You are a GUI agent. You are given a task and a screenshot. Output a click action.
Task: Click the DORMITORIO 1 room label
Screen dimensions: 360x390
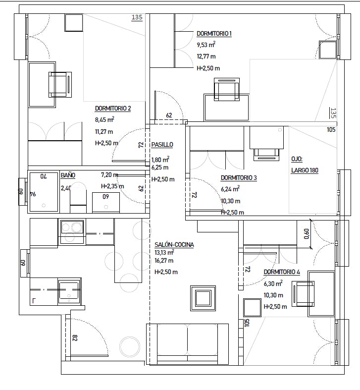(214, 34)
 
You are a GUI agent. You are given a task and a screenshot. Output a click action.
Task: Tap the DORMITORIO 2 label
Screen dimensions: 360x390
(113, 109)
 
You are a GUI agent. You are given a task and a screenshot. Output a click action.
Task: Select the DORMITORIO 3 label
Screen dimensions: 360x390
(239, 178)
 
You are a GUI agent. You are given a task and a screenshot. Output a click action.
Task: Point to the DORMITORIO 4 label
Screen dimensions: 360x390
(282, 272)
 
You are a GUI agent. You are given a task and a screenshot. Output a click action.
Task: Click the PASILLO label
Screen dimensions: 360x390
(162, 145)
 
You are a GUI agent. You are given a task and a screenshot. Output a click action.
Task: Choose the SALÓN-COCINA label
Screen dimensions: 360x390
(174, 245)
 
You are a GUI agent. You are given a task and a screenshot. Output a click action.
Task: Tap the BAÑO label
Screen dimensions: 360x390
(68, 175)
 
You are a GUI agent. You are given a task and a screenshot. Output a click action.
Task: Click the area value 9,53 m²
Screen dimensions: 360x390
(206, 45)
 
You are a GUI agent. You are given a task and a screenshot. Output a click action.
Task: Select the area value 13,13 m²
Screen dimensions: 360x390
(164, 253)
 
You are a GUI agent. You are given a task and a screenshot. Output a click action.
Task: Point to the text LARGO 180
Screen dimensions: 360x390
(305, 170)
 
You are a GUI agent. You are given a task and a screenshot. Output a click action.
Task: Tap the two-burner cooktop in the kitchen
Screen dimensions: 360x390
(72, 231)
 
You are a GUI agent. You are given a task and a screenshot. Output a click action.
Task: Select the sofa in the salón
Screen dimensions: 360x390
(188, 344)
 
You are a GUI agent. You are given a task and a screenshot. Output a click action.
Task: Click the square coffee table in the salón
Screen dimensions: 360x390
(203, 298)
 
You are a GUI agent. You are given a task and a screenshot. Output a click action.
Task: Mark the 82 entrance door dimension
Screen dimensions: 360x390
(75, 338)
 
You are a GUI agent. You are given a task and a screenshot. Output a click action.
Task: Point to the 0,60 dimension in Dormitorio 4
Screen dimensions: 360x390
(307, 234)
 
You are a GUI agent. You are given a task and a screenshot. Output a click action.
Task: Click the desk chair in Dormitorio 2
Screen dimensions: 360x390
(60, 85)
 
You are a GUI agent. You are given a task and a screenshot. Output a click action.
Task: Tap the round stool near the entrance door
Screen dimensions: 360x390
(130, 347)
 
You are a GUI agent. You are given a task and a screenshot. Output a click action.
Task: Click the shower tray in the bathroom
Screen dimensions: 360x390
(44, 192)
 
